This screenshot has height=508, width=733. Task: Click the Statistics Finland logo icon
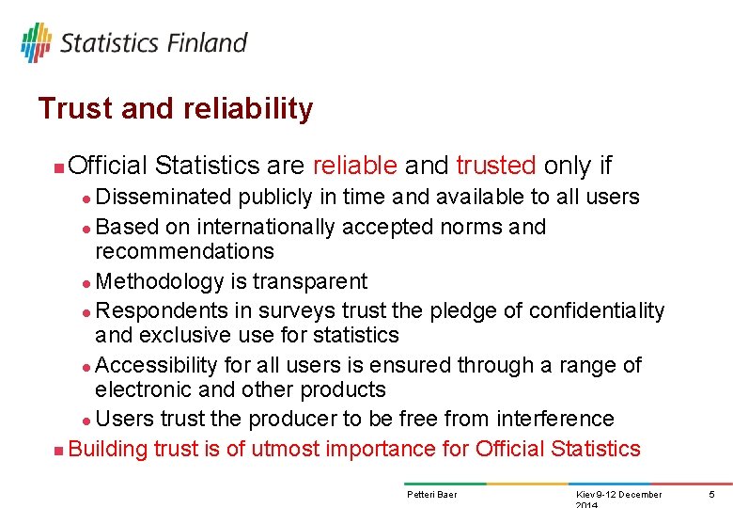click(x=36, y=42)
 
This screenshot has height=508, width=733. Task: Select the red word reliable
click(x=354, y=166)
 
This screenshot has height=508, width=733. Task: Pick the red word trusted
click(x=496, y=166)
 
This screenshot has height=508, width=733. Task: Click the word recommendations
click(x=184, y=251)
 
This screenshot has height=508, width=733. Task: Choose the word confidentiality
click(x=597, y=310)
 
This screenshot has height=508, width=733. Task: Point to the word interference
click(x=555, y=419)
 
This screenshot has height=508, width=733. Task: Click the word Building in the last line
click(x=108, y=449)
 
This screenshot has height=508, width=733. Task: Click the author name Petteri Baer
click(x=431, y=495)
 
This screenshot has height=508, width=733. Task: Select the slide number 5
click(x=711, y=495)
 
